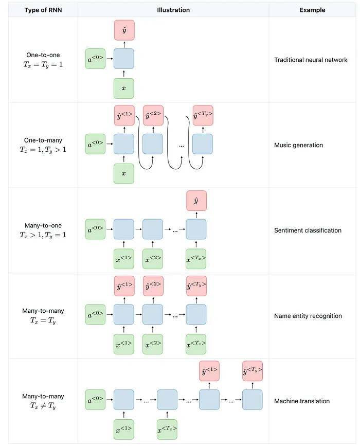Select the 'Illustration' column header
point(173,10)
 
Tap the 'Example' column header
point(312,10)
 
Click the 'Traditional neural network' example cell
point(311,60)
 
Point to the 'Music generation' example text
point(298,145)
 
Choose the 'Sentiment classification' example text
point(308,230)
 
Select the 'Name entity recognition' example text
point(308,316)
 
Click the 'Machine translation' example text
point(302,401)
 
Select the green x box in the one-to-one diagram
point(124,88)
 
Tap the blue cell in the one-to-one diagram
point(124,59)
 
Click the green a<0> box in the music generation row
point(96,144)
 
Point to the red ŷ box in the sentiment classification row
point(196,201)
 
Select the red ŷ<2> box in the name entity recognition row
point(153,286)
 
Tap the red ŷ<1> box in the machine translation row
point(209,371)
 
